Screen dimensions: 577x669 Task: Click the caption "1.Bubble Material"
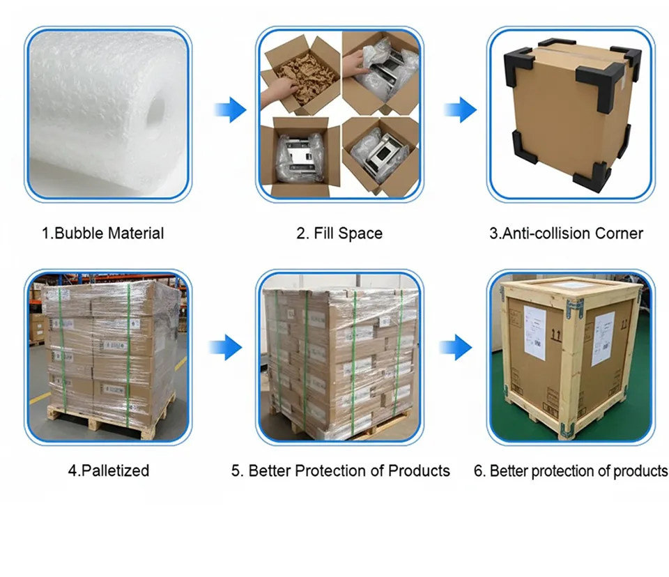tap(102, 233)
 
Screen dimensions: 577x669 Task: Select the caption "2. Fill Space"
tap(339, 233)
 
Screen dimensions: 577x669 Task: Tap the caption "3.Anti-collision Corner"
tap(566, 233)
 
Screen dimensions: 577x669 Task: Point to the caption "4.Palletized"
tap(108, 470)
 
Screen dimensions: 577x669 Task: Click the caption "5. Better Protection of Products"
tap(340, 470)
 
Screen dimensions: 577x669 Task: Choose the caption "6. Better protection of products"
tap(570, 471)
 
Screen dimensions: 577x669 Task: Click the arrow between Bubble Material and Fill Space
tap(230, 109)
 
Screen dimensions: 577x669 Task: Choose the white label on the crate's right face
tap(603, 338)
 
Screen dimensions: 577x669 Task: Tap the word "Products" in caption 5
tap(419, 470)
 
